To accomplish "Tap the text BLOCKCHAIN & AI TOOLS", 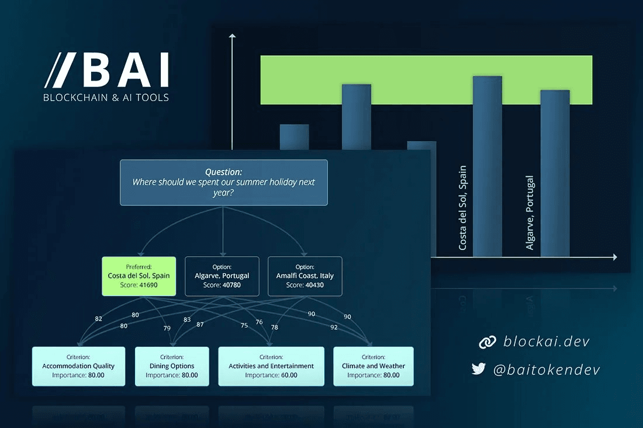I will [x=106, y=98].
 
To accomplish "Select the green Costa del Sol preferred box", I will [x=139, y=276].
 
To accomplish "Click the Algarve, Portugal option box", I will [x=222, y=276].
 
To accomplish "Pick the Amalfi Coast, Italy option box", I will [x=305, y=276].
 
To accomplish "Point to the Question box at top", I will [x=223, y=182].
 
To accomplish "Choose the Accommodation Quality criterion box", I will [x=78, y=366].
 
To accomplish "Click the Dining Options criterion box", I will [x=172, y=366].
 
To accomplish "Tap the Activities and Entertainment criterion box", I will [x=271, y=366].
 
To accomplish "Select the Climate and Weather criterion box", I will [x=373, y=366].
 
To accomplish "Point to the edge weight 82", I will [x=98, y=319].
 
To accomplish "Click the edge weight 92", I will [x=334, y=328].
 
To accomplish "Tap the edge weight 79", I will [x=167, y=328].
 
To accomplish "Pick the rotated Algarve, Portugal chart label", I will [x=530, y=213].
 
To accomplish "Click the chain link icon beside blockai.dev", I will [x=487, y=342].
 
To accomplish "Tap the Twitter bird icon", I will [x=479, y=368].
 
